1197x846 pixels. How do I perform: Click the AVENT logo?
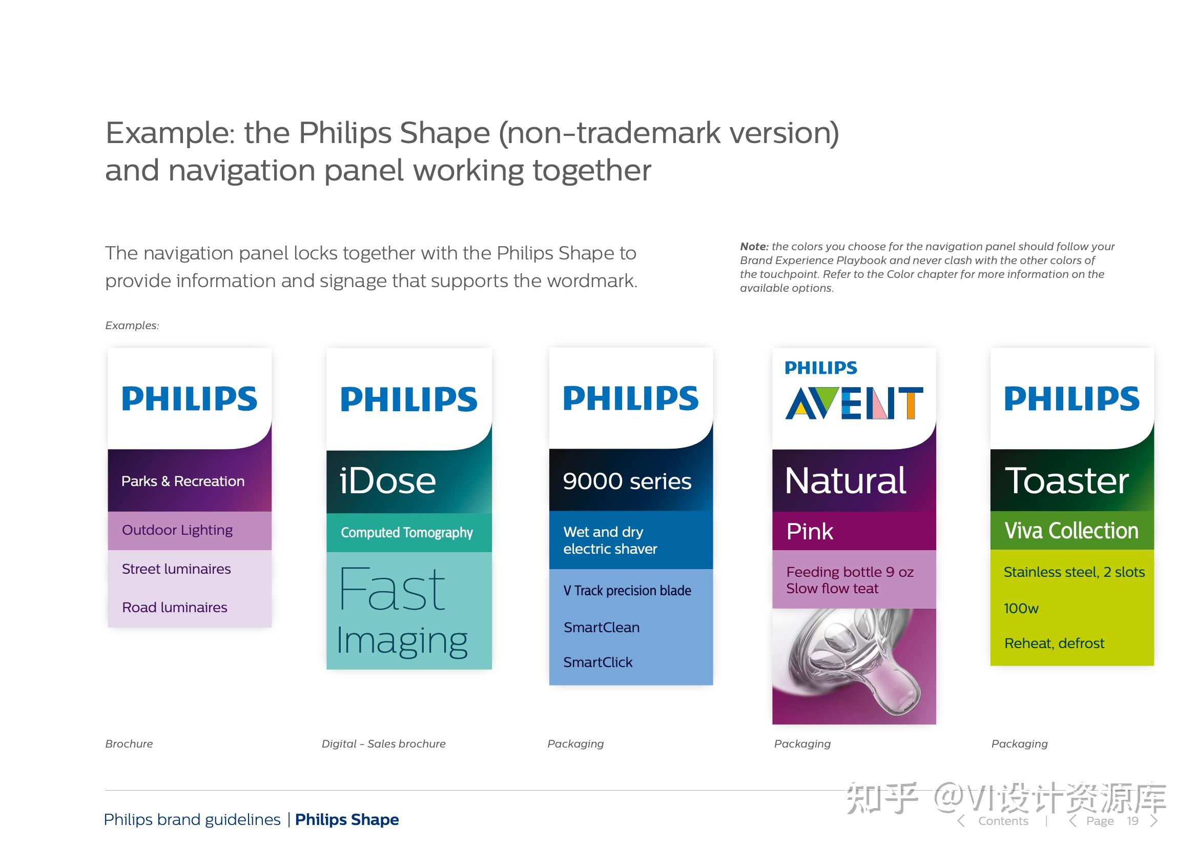(x=854, y=403)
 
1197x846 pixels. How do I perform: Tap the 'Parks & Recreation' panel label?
(x=182, y=481)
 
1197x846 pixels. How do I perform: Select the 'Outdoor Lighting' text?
(x=177, y=530)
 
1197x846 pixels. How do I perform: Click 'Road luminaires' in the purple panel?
(x=174, y=607)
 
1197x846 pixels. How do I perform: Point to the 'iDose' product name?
(x=387, y=480)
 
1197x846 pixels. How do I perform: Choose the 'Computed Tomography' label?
(x=407, y=533)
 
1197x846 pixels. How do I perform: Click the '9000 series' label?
(x=627, y=481)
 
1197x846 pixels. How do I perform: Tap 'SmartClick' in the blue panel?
(x=597, y=662)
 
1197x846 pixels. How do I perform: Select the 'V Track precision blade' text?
(x=627, y=591)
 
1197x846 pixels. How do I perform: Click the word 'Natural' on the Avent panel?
(x=845, y=480)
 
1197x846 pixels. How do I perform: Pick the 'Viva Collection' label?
(x=1071, y=531)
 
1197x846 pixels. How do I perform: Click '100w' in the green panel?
(x=1021, y=608)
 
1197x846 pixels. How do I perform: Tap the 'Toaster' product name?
(x=1066, y=480)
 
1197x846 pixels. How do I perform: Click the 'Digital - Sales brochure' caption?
(x=383, y=744)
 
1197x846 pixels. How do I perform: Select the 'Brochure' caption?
(x=129, y=744)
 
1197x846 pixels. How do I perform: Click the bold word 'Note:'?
(x=754, y=246)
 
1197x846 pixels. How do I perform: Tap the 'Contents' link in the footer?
(x=1003, y=821)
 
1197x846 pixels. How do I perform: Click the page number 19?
(x=1132, y=821)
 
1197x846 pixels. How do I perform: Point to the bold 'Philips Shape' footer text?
(x=347, y=819)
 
